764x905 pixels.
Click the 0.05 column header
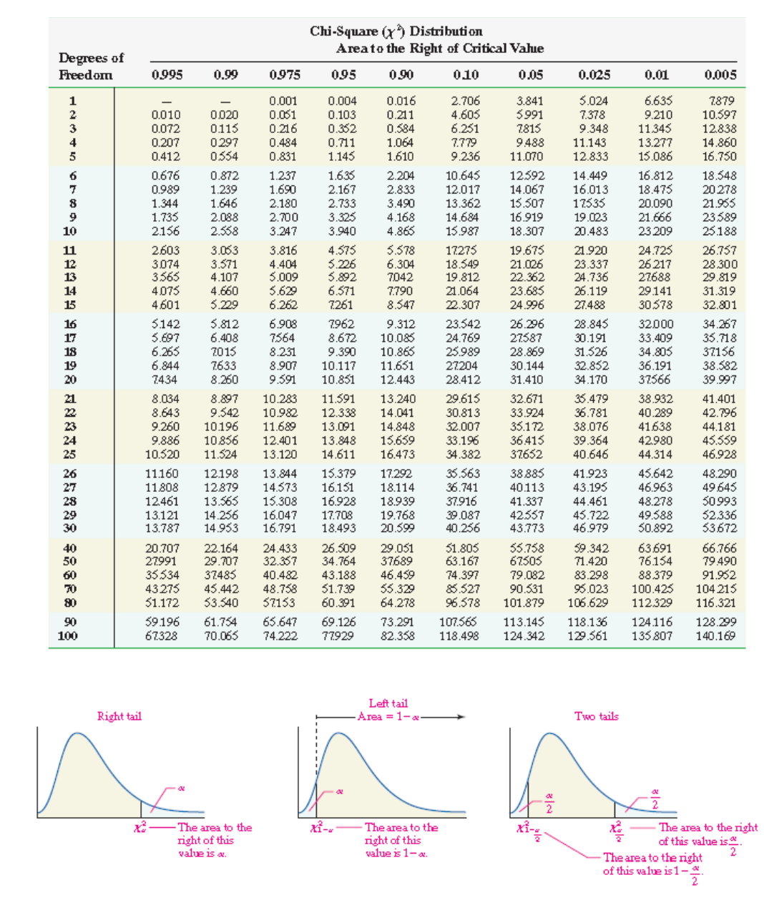coord(530,74)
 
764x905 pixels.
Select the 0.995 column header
coord(167,74)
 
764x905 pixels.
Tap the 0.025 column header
coord(594,74)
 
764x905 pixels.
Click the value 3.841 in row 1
coord(529,101)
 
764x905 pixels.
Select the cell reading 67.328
coord(161,636)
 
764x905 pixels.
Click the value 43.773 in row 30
coord(527,528)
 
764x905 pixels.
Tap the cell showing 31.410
coord(527,380)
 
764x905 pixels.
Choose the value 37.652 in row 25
coord(527,454)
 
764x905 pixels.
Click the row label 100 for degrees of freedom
coord(68,636)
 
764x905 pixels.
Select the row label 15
coord(69,305)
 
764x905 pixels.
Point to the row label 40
coord(69,548)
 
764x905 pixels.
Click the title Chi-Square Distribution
coord(396,31)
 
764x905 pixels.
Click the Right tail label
coord(119,716)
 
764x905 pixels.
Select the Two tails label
coord(596,716)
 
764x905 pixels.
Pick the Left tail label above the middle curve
coord(388,703)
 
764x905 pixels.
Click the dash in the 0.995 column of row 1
coord(166,102)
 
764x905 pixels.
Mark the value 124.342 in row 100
coord(524,636)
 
